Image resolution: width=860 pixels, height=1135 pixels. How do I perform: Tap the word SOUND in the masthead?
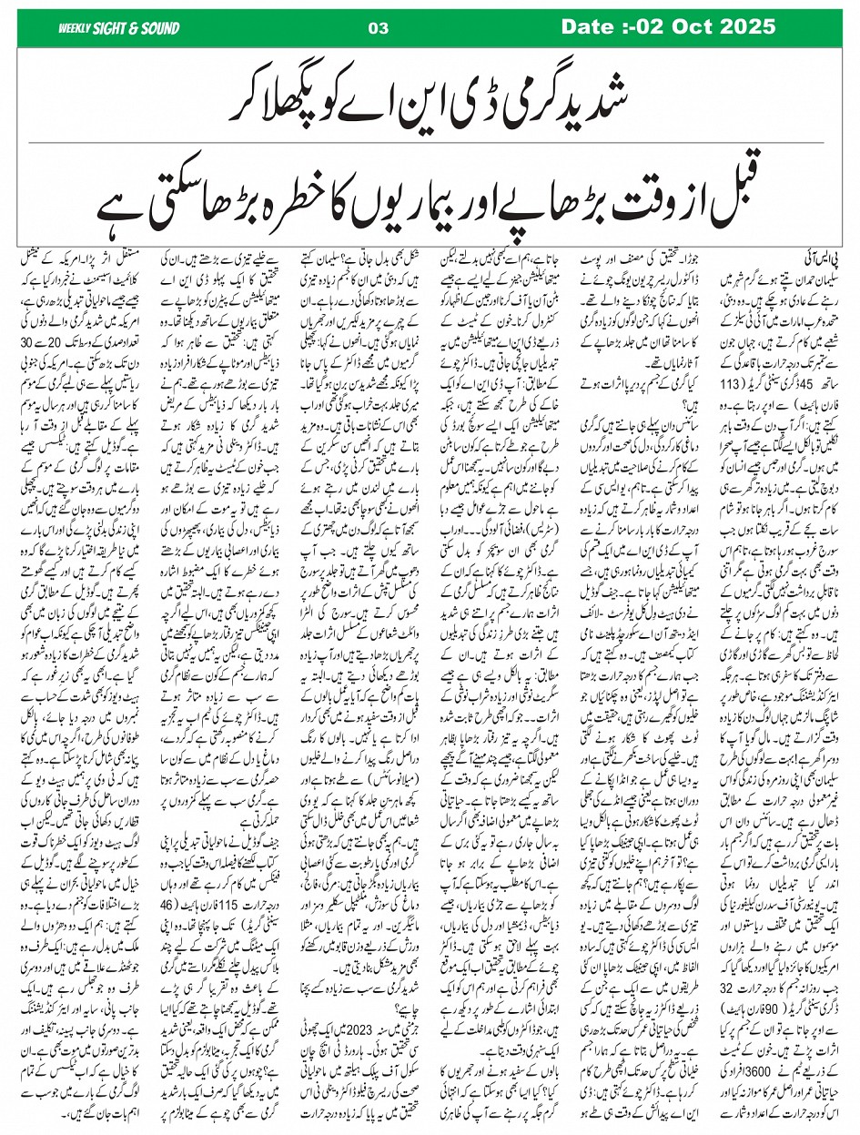coord(160,28)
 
